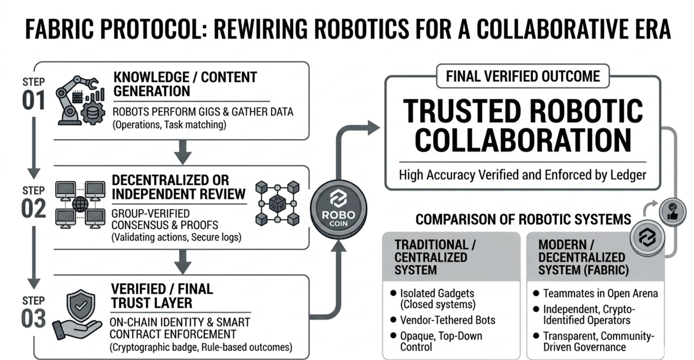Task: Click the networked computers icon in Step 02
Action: (x=80, y=204)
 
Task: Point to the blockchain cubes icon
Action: (x=277, y=203)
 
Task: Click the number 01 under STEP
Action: (x=34, y=100)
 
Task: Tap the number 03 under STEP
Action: (x=34, y=319)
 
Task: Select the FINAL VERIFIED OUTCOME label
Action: (x=522, y=76)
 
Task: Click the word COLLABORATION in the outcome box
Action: (x=522, y=140)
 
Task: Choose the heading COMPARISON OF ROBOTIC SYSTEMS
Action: (x=523, y=219)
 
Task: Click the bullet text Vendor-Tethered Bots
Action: (x=447, y=319)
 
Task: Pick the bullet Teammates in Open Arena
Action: (x=601, y=293)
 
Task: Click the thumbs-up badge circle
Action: (x=672, y=211)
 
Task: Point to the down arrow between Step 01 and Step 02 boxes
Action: (x=182, y=152)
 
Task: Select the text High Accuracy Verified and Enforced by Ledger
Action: (x=522, y=175)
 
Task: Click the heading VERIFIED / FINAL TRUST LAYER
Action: (x=162, y=295)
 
